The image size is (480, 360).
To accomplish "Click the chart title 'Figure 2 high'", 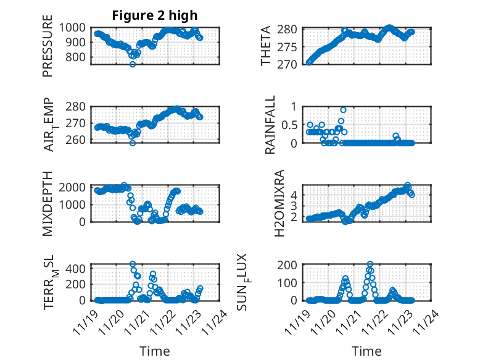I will point(154,15).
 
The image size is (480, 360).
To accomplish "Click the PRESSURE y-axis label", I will point(48,46).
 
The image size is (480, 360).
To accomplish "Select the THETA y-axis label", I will point(266,46).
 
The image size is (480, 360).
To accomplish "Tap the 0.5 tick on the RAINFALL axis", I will point(289,125).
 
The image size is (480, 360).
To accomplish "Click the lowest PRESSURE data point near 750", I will point(132,64).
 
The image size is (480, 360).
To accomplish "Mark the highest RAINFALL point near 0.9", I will point(343,110).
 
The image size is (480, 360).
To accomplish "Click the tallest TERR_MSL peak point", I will point(133,264).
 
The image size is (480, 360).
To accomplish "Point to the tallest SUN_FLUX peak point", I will point(370,264).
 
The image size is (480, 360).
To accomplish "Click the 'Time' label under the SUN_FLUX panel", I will point(366,351).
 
